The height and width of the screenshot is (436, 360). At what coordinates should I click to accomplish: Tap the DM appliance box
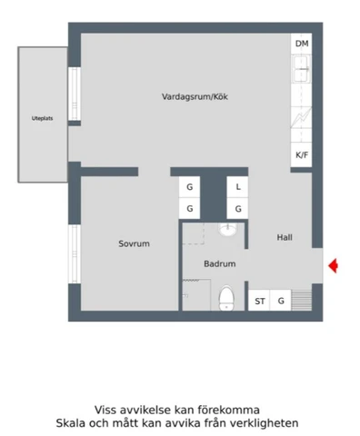[x=302, y=45]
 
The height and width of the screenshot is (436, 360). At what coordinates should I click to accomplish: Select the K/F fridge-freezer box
[x=302, y=155]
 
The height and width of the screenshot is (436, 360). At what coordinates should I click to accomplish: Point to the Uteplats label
[x=43, y=118]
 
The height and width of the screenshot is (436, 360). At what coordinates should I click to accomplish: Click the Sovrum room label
[x=134, y=243]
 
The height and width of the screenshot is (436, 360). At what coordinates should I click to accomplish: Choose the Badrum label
[x=220, y=263]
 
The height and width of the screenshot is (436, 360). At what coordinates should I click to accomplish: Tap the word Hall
[x=285, y=237]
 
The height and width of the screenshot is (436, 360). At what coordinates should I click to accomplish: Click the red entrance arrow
[x=333, y=265]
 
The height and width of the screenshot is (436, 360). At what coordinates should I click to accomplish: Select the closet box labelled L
[x=238, y=186]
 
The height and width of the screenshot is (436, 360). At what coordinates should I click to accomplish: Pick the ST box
[x=260, y=301]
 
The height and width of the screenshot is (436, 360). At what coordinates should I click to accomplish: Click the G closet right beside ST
[x=282, y=301]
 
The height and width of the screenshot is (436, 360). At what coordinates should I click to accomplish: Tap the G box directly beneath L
[x=238, y=208]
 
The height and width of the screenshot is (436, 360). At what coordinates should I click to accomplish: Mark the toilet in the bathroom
[x=225, y=297]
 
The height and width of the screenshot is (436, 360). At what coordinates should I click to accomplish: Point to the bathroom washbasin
[x=227, y=230]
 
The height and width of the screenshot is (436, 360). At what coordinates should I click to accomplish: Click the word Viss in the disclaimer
[x=107, y=409]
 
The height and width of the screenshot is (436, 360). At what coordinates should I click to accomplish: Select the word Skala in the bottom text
[x=73, y=423]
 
